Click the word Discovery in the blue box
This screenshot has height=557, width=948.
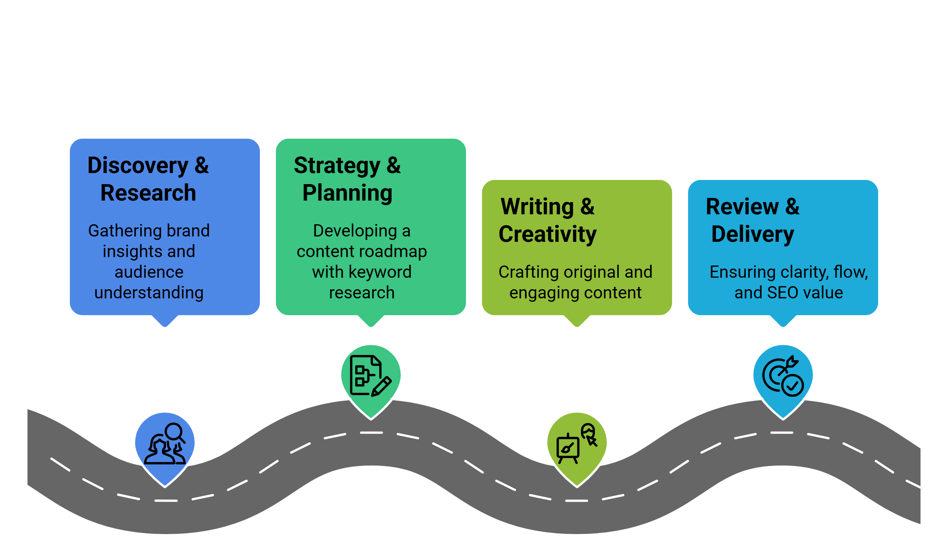[138, 166]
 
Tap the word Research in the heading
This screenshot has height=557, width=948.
[148, 193]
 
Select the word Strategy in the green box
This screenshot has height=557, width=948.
[337, 166]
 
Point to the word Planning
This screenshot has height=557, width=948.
[347, 193]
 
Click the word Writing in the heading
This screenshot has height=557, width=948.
[537, 207]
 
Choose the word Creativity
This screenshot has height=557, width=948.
[548, 234]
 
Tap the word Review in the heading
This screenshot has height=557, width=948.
[742, 207]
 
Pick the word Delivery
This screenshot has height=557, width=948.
[753, 234]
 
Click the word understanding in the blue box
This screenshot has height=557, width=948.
[149, 293]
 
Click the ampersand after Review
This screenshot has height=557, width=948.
[792, 207]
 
